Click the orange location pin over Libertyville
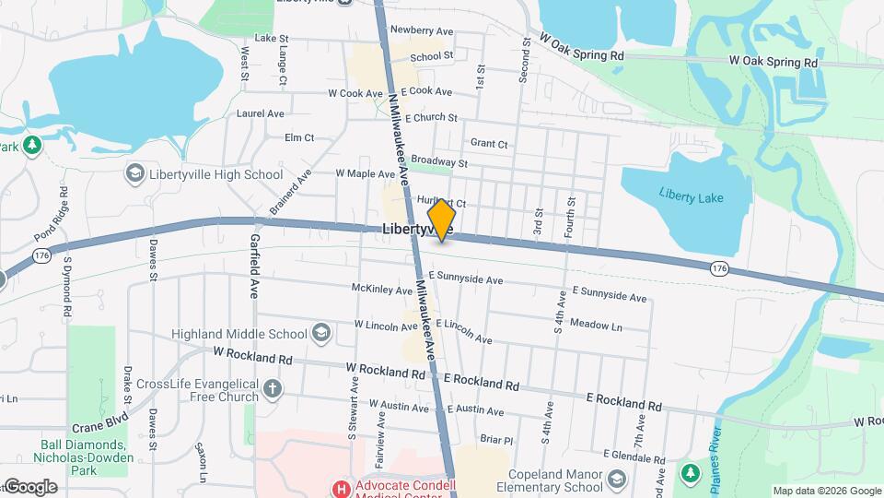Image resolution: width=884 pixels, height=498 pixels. (x=442, y=219)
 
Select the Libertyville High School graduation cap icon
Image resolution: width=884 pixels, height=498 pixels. (x=134, y=174)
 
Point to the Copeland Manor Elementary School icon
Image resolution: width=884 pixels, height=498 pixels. (x=615, y=479)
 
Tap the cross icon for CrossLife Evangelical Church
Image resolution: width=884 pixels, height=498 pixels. (x=272, y=388)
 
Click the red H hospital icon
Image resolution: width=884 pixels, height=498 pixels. (x=342, y=488)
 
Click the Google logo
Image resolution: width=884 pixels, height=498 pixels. (x=29, y=487)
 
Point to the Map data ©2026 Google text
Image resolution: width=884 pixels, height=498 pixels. (x=826, y=491)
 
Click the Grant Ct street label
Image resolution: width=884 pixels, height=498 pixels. (x=489, y=144)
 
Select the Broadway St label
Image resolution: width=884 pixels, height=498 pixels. (x=439, y=163)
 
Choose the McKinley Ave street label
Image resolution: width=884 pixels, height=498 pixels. (x=382, y=290)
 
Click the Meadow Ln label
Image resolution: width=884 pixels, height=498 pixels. (x=596, y=325)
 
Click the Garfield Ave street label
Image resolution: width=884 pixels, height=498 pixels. (x=254, y=266)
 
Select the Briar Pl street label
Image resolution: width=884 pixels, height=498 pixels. (x=495, y=440)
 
